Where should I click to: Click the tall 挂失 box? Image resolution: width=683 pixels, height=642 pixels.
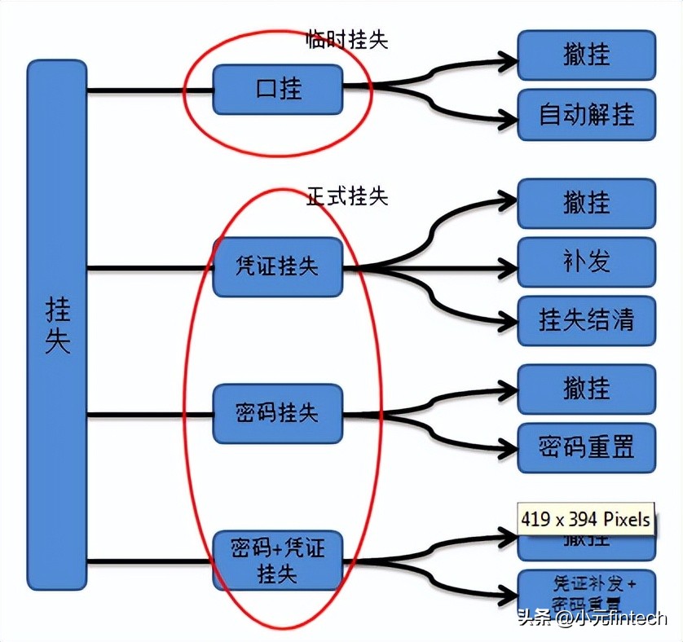click(x=57, y=324)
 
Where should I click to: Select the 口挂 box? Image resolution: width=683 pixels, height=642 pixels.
click(x=278, y=89)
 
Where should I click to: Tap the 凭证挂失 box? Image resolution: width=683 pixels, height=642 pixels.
click(x=278, y=266)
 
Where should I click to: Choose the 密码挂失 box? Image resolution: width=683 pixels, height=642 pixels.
click(x=278, y=414)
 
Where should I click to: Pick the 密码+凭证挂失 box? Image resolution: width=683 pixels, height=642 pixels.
click(x=278, y=560)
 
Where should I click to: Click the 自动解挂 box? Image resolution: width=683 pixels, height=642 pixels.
click(x=586, y=115)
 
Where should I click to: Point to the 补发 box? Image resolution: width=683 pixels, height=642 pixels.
click(x=586, y=262)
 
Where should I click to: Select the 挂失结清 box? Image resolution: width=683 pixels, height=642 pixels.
click(x=586, y=320)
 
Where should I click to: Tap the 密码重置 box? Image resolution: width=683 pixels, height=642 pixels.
click(x=586, y=447)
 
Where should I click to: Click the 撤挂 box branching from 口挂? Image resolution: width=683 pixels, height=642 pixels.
click(x=586, y=55)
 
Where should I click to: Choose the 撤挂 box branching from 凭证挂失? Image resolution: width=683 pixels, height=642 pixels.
click(x=586, y=203)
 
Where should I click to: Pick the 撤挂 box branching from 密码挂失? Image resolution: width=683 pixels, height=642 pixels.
click(x=586, y=389)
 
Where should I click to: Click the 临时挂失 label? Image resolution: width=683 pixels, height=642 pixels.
click(x=347, y=39)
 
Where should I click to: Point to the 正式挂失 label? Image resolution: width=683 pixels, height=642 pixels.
click(x=347, y=196)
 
